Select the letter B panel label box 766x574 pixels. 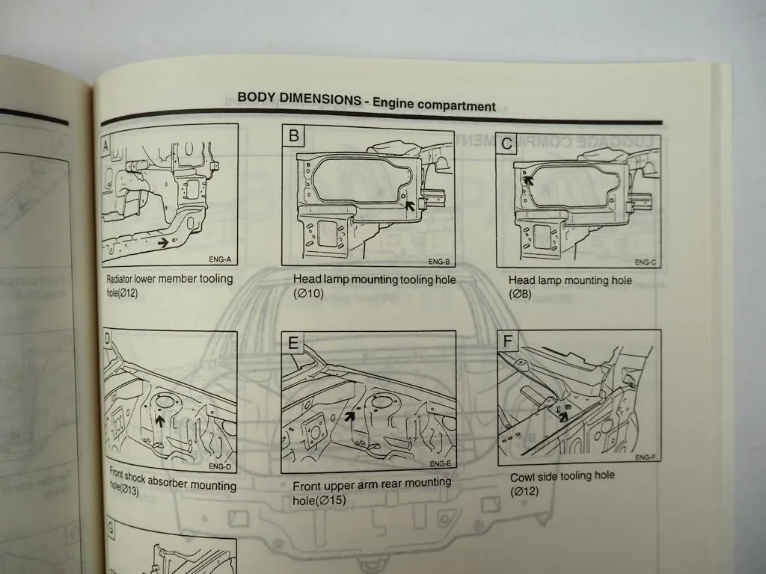[293, 135]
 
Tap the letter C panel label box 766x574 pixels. [507, 143]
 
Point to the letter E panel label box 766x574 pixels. [293, 344]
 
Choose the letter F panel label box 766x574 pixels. [509, 342]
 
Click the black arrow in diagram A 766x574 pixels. [162, 242]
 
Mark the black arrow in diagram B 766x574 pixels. [410, 215]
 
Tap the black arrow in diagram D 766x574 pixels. [159, 420]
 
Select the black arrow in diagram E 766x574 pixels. [349, 416]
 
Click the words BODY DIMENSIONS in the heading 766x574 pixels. [298, 98]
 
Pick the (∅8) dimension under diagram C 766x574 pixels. [521, 294]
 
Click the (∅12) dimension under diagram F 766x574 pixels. [524, 491]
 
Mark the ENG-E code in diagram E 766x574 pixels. [439, 463]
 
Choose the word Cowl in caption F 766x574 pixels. [523, 477]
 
